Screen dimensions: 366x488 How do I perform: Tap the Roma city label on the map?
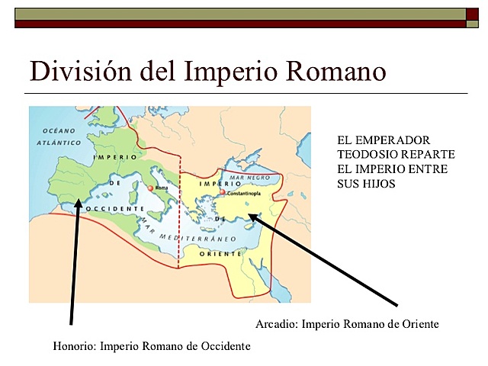pos(161,187)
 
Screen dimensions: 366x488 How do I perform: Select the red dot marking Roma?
pos(151,187)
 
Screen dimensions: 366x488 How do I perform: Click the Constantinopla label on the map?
pos(245,194)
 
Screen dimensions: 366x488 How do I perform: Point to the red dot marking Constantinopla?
pos(222,194)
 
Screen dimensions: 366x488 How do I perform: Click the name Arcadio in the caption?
pos(276,324)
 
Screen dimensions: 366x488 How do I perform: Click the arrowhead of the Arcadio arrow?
pos(254,217)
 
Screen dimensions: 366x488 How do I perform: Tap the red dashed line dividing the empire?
pos(180,213)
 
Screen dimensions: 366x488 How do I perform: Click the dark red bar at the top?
pos(244,24)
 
